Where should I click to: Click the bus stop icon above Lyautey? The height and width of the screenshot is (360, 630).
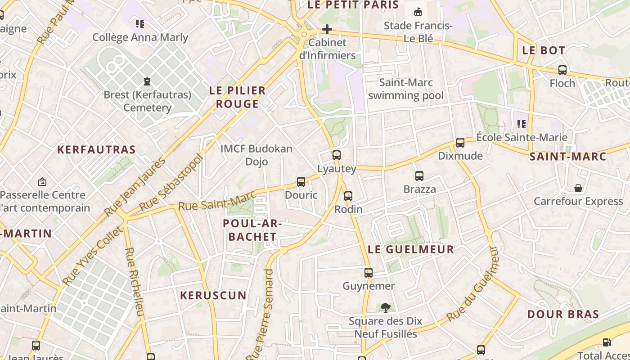tap(336, 155)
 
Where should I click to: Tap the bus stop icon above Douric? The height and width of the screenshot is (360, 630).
tap(301, 182)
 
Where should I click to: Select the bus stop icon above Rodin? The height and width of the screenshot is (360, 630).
tap(348, 196)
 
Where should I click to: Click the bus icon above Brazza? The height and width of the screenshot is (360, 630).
tap(419, 176)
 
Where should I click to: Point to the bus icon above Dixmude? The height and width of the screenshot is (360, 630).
tap(460, 143)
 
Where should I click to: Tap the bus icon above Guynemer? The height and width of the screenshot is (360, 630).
tap(369, 273)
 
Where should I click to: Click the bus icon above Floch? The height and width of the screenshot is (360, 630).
tap(562, 70)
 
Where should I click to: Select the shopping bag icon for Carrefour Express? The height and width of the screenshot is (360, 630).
tap(578, 188)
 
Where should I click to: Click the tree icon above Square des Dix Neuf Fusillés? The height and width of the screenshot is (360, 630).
tap(385, 308)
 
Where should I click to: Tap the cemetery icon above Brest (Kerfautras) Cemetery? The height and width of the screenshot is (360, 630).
tap(147, 81)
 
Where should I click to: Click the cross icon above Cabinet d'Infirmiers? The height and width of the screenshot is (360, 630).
tap(327, 30)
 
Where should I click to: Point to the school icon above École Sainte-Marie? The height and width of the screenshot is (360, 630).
tap(522, 124)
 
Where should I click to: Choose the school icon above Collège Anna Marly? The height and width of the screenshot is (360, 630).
tap(140, 24)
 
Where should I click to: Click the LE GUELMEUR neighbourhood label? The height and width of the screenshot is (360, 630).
tap(411, 249)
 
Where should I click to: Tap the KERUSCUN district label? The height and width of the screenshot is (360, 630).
tap(213, 296)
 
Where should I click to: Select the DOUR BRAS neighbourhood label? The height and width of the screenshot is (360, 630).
tap(563, 314)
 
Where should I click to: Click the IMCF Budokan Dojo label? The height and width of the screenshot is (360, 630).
tap(256, 155)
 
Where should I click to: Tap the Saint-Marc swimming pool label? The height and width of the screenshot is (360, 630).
tap(406, 89)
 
